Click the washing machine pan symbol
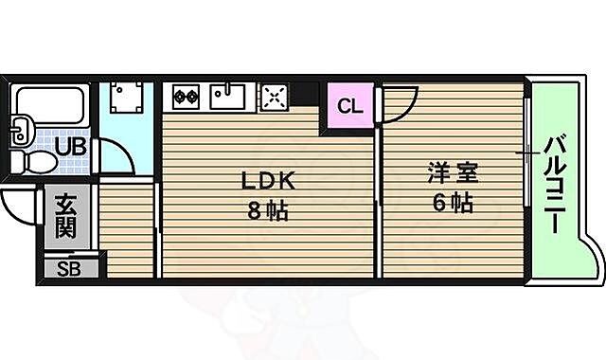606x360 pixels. click(x=126, y=96)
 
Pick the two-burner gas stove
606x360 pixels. click(x=184, y=96)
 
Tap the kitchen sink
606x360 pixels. click(x=228, y=96)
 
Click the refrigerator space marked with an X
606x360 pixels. click(x=274, y=96)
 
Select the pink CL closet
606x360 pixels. click(x=349, y=106)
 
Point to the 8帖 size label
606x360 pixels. click(x=269, y=210)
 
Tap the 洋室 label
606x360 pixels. click(x=452, y=173)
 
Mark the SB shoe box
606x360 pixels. click(x=69, y=268)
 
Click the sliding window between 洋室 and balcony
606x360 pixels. click(x=525, y=152)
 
